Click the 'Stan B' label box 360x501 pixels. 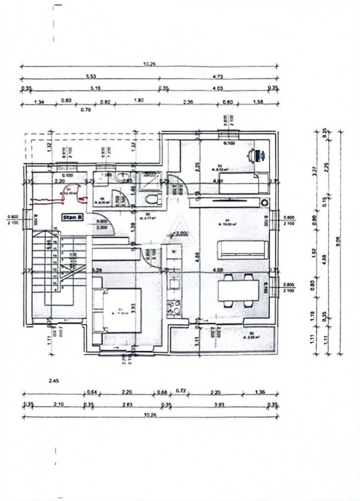pyautogui.click(x=72, y=216)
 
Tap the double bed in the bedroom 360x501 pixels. pyautogui.click(x=116, y=310)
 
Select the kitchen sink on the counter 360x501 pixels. pyautogui.click(x=174, y=282)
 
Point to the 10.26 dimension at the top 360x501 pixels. pyautogui.click(x=149, y=64)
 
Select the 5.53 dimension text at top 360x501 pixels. pyautogui.click(x=91, y=76)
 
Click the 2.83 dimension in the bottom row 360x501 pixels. pyautogui.click(x=127, y=405)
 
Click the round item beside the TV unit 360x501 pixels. pyautogui.click(x=264, y=203)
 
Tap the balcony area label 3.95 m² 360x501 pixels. pyautogui.click(x=250, y=337)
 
